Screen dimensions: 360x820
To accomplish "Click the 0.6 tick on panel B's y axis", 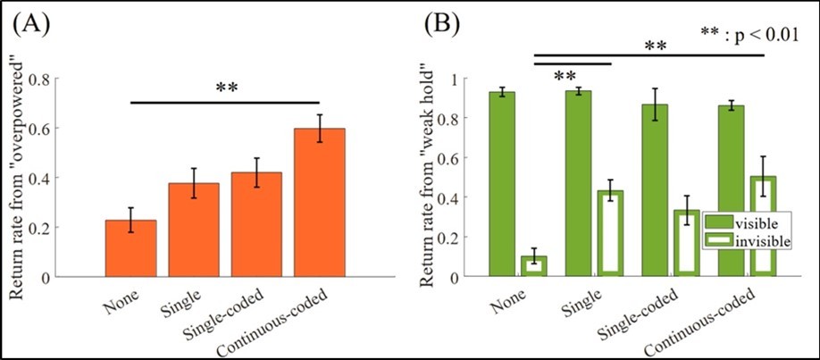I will coord(467,158).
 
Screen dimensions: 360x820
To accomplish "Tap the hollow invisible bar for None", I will coord(533,266).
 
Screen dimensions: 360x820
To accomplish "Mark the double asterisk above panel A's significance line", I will coord(225,88).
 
